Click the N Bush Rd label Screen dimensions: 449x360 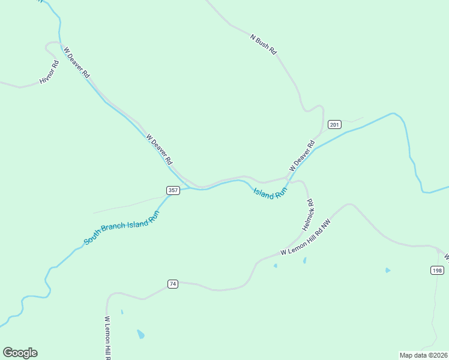click(x=264, y=45)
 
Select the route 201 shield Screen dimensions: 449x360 click(x=334, y=125)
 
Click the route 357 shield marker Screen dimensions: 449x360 click(x=173, y=190)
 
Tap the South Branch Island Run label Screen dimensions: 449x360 click(x=121, y=227)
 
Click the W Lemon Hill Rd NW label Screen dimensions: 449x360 click(x=306, y=237)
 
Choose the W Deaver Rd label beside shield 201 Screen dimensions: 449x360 click(x=302, y=155)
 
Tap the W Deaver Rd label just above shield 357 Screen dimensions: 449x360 click(x=159, y=149)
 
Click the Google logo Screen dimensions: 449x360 click(x=20, y=353)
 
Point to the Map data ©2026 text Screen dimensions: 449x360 click(x=423, y=355)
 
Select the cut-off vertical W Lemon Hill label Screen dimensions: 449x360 click(x=108, y=337)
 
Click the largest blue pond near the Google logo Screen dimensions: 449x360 click(x=140, y=334)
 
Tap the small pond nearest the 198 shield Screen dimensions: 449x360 click(x=388, y=270)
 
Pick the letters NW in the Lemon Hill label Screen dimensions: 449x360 click(x=326, y=224)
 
